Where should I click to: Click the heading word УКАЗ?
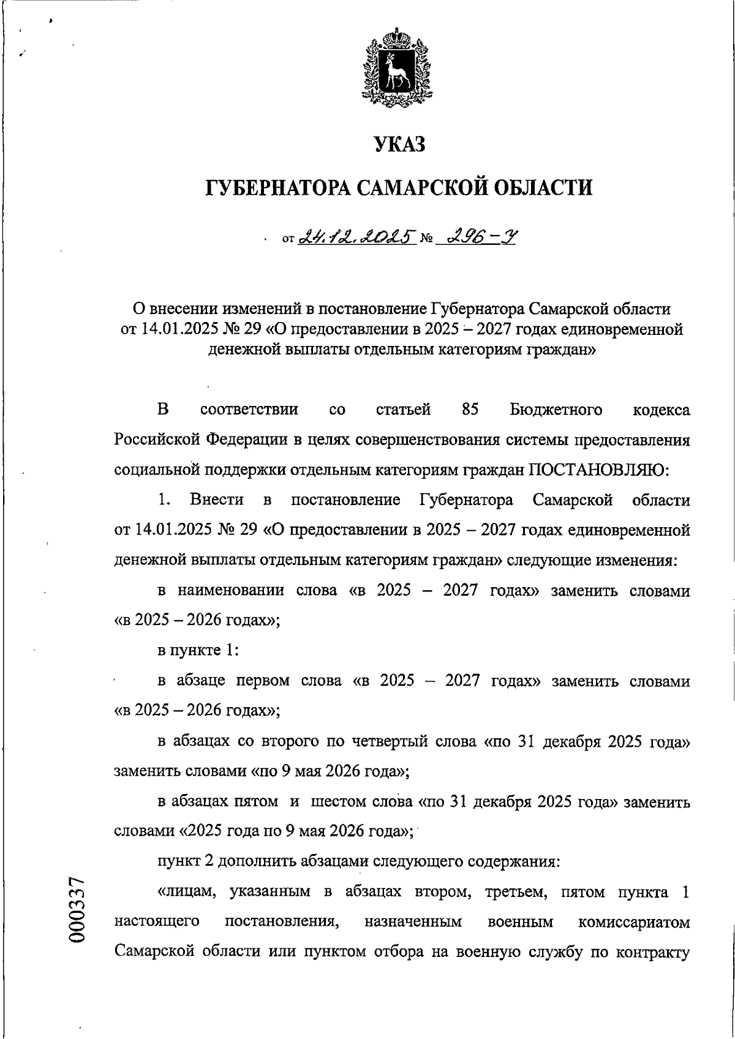(x=399, y=145)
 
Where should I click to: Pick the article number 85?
(x=470, y=410)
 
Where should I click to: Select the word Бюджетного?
(x=556, y=410)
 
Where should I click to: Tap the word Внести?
(x=216, y=500)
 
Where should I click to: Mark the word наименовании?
(x=231, y=591)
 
